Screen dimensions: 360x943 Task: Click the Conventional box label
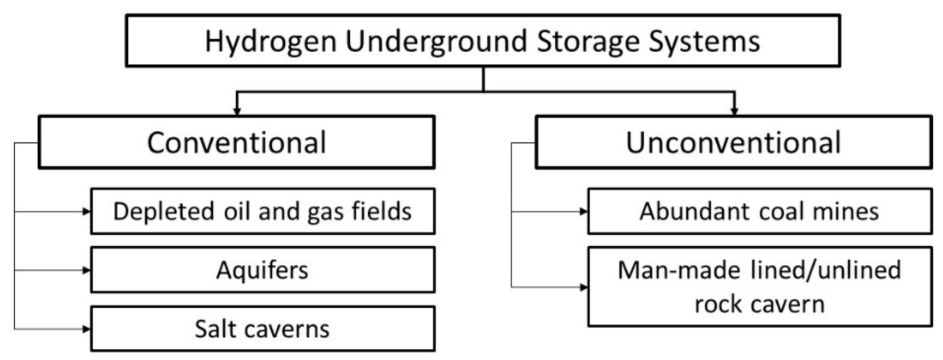pos(236,142)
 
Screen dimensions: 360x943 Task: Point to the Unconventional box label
pos(733,142)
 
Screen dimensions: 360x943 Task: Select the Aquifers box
pos(262,270)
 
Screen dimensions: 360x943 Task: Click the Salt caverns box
pos(262,329)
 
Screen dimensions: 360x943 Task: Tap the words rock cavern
pos(759,304)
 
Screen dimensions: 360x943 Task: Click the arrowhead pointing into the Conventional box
pos(237,111)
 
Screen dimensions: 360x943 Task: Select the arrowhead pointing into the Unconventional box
pos(734,111)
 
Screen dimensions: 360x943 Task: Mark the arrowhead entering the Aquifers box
pos(86,270)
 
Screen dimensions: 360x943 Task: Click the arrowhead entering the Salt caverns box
pos(86,329)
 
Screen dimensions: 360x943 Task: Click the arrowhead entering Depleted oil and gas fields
pos(86,211)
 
